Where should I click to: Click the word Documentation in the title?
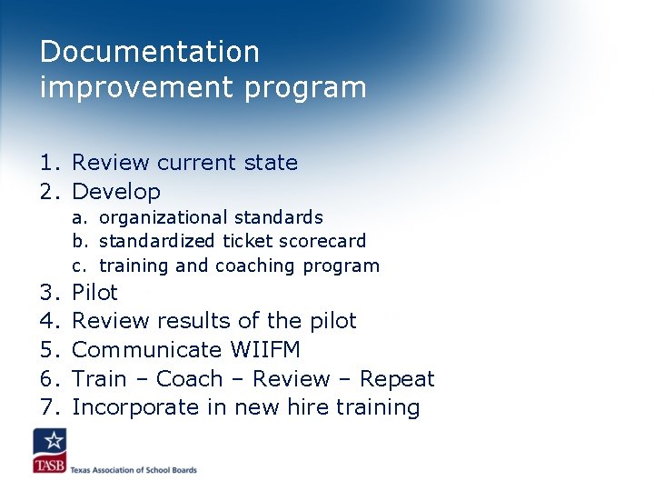point(149,52)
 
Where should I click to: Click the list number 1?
point(50,163)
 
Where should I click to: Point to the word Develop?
point(115,192)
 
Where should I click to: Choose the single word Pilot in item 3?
point(94,292)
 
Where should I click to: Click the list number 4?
point(50,321)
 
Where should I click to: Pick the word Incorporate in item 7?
point(138,407)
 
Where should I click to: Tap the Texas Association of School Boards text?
point(134,469)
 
